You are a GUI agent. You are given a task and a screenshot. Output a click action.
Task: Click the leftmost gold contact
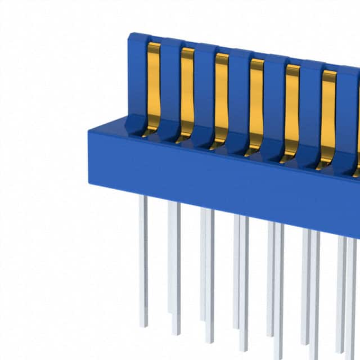153,84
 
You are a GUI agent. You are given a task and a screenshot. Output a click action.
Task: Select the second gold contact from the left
187,90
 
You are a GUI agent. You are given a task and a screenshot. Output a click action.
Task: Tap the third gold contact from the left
222,96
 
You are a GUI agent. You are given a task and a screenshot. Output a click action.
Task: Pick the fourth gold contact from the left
256,101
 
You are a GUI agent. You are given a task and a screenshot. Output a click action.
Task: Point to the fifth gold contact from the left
291,107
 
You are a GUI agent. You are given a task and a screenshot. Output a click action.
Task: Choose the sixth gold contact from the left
327,112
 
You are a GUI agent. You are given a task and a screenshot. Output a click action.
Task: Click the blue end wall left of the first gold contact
137,79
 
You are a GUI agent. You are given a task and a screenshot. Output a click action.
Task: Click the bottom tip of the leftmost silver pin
144,325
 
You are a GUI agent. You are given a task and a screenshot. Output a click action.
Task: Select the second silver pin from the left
174,264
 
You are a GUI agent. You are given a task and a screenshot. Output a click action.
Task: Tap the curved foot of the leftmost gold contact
150,133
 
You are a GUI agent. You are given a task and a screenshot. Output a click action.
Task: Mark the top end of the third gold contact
222,56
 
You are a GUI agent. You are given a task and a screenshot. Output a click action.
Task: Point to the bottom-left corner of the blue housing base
90,182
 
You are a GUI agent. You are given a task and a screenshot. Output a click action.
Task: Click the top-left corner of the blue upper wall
130,35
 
